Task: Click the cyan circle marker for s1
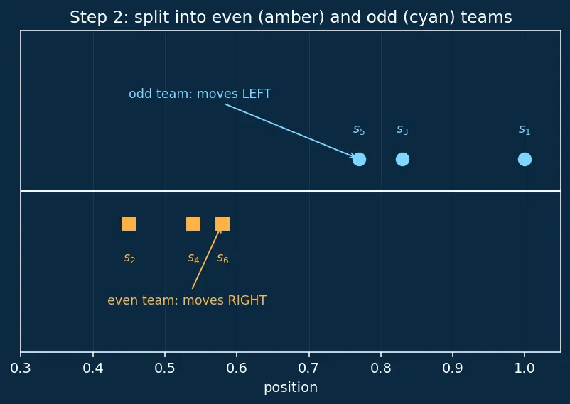point(525,159)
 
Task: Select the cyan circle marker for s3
point(402,159)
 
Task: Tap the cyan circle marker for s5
point(359,159)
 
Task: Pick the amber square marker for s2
point(129,224)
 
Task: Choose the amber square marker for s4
point(193,224)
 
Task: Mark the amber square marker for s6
point(222,224)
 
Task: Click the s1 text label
point(525,130)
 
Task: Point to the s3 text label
point(402,130)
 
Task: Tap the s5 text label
point(359,130)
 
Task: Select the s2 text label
point(129,258)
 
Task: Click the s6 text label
point(222,258)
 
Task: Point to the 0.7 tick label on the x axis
point(308,368)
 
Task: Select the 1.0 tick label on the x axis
point(525,368)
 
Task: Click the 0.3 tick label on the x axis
point(21,368)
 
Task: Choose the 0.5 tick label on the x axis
point(165,368)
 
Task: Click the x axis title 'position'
point(291,388)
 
